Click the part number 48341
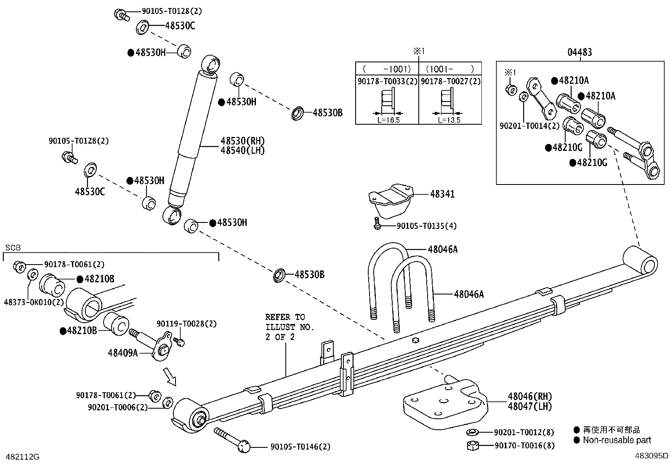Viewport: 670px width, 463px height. coord(442,194)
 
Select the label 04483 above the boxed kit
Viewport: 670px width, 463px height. coord(580,52)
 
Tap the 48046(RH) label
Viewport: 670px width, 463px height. coord(529,396)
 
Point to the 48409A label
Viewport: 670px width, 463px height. coord(122,353)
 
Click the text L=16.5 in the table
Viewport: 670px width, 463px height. coord(387,120)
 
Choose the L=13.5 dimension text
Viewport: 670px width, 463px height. coord(449,120)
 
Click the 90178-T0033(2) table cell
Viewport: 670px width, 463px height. coord(387,81)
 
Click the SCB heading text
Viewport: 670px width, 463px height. coord(13,248)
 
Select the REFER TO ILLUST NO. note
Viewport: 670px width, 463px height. coord(290,327)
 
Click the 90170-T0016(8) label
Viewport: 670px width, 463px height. coord(524,445)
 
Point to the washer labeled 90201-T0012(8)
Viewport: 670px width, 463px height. coord(472,432)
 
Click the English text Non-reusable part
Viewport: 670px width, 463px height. coord(617,440)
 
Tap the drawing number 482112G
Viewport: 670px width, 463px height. coord(21,456)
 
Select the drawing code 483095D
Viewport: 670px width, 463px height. coord(651,455)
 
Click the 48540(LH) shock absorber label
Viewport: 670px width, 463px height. coord(242,150)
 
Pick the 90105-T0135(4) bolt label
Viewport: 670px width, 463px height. coord(426,226)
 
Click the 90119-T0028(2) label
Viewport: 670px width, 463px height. coord(186,324)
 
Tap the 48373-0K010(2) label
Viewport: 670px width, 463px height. coord(34,302)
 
